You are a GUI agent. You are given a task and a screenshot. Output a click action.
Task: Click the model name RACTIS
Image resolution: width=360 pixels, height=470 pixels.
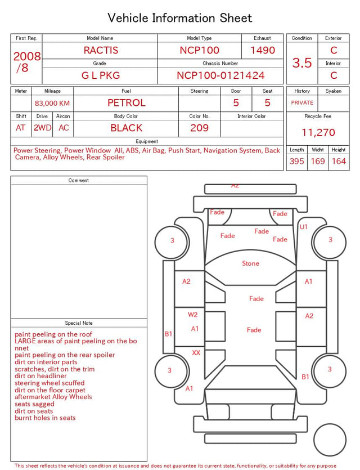pyautogui.click(x=101, y=50)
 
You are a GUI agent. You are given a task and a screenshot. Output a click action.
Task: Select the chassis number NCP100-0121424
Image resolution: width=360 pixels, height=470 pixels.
pyautogui.click(x=220, y=75)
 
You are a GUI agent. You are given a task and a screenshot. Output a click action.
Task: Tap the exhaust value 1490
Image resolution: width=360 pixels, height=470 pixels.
pyautogui.click(x=263, y=50)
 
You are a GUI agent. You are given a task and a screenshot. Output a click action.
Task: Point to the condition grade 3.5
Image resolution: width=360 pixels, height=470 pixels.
pyautogui.click(x=302, y=62)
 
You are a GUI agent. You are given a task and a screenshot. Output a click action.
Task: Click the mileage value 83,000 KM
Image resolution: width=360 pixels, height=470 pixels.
pyautogui.click(x=52, y=103)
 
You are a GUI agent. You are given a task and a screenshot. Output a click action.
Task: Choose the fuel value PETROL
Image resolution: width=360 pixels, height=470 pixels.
pyautogui.click(x=127, y=103)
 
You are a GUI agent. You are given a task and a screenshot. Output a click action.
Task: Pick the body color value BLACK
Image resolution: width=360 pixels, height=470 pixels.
pyautogui.click(x=127, y=128)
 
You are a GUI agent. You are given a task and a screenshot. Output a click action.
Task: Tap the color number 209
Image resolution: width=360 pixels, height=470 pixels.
pyautogui.click(x=200, y=128)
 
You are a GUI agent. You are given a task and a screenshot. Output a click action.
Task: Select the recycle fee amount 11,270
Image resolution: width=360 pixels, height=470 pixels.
pyautogui.click(x=318, y=132)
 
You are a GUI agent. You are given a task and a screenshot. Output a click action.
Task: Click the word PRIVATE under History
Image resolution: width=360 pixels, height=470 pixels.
pyautogui.click(x=302, y=102)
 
